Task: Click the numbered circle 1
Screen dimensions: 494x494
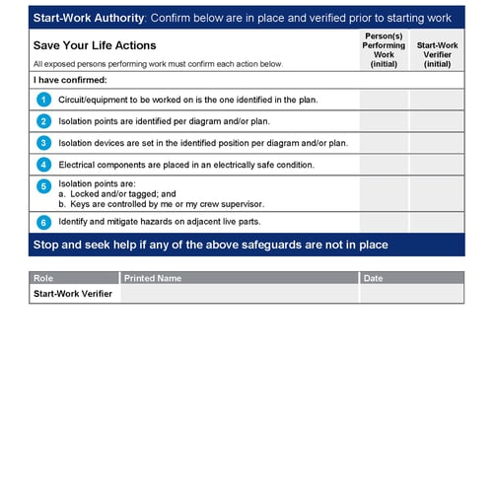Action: pyautogui.click(x=42, y=100)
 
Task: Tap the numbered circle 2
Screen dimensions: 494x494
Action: pyautogui.click(x=42, y=121)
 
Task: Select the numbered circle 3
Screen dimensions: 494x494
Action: pyautogui.click(x=42, y=143)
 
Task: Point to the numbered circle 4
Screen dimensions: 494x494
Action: pyautogui.click(x=42, y=165)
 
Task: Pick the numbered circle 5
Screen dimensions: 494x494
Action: pyautogui.click(x=42, y=185)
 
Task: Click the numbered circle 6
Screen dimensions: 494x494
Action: pyautogui.click(x=42, y=222)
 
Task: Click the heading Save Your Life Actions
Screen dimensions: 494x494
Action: pyautogui.click(x=95, y=45)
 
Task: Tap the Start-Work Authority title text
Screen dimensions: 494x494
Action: pyautogui.click(x=88, y=19)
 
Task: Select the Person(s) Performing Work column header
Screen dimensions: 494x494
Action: pyautogui.click(x=383, y=49)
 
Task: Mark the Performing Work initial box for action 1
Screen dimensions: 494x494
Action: pyautogui.click(x=384, y=100)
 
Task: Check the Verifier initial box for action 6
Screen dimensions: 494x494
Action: pyautogui.click(x=437, y=222)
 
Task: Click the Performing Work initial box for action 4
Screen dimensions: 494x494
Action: pyautogui.click(x=384, y=165)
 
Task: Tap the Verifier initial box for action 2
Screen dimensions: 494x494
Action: pyautogui.click(x=437, y=121)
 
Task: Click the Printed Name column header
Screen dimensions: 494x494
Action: pyautogui.click(x=153, y=278)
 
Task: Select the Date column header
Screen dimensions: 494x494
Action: pyautogui.click(x=373, y=278)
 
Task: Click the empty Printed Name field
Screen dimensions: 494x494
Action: pyautogui.click(x=240, y=294)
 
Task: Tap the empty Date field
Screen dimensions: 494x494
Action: pyautogui.click(x=411, y=294)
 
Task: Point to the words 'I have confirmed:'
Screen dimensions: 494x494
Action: pyautogui.click(x=70, y=80)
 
